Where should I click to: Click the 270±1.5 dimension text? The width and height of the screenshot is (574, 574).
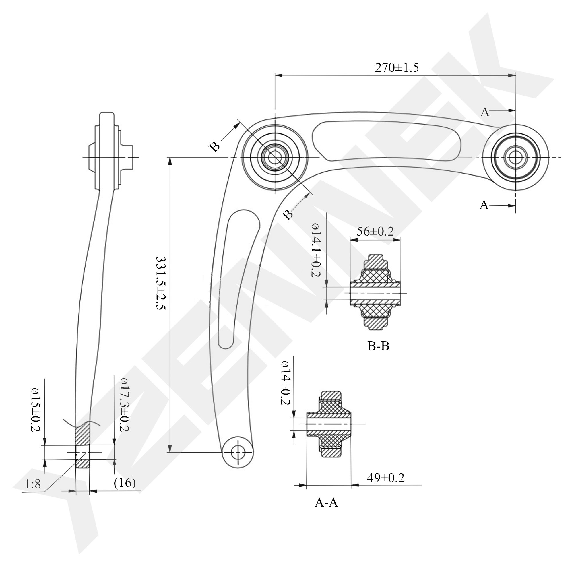click(x=397, y=68)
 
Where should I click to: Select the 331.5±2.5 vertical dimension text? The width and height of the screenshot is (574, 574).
click(x=161, y=283)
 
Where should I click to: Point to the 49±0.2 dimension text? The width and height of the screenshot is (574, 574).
click(x=385, y=478)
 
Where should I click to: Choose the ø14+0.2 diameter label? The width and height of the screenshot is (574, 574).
click(x=286, y=383)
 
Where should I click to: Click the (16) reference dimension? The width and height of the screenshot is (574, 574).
click(x=125, y=483)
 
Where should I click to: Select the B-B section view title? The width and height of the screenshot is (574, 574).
click(x=378, y=346)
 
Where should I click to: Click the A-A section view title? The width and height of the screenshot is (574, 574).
click(x=326, y=503)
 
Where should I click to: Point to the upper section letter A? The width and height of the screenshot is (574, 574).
click(x=485, y=112)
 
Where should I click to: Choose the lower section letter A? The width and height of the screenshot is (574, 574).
click(x=484, y=205)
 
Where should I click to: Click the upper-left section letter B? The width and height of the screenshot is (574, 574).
click(x=214, y=147)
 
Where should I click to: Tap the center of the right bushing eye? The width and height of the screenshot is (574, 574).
click(x=515, y=157)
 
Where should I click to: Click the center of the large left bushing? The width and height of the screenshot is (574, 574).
click(x=275, y=157)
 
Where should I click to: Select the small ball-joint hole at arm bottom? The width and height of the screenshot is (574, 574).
click(x=238, y=453)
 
